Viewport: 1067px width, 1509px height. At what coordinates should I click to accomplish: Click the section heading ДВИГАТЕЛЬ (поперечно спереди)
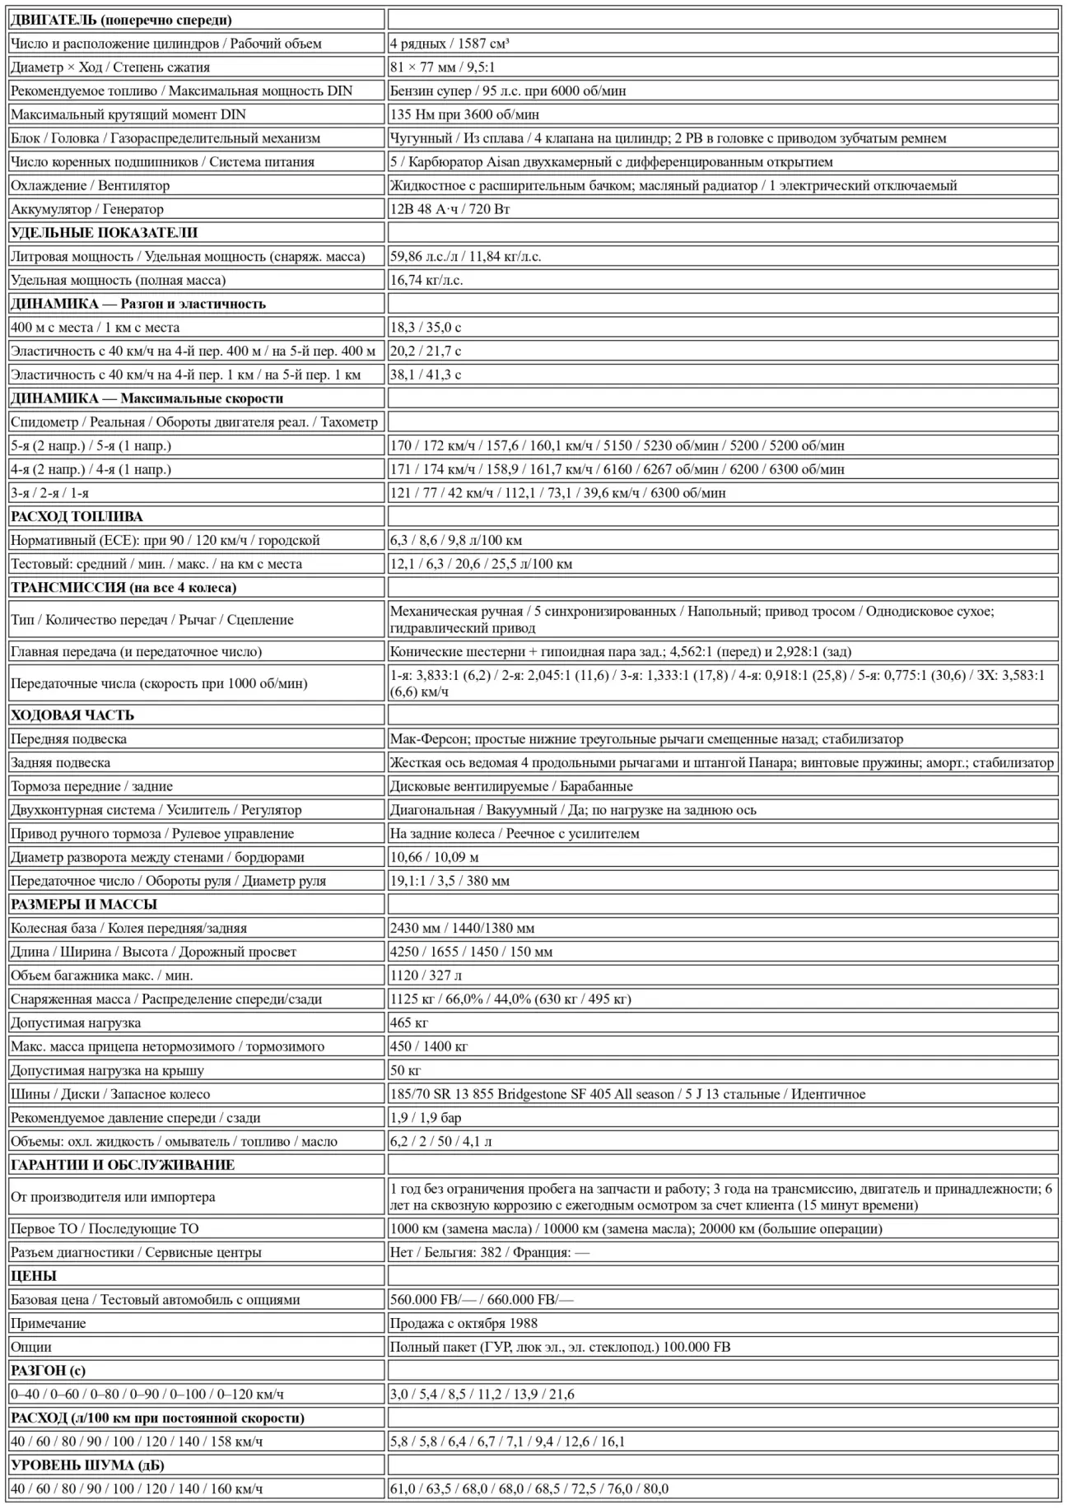[x=121, y=20]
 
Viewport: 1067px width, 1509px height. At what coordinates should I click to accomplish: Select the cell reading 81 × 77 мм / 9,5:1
[x=443, y=68]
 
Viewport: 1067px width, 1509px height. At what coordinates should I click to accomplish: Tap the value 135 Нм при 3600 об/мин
[x=464, y=114]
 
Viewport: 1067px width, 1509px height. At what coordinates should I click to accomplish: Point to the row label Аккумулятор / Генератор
[x=87, y=209]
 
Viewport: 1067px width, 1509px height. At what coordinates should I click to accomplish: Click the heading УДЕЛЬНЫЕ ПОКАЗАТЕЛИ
[x=104, y=233]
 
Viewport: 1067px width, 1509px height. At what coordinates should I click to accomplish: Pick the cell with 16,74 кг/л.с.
[x=426, y=280]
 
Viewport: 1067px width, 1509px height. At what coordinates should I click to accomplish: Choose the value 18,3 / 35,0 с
[x=426, y=328]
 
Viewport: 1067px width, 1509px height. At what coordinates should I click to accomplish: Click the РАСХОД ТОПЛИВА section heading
[x=77, y=517]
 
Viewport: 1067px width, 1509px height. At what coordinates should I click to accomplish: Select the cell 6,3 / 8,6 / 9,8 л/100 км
[x=456, y=540]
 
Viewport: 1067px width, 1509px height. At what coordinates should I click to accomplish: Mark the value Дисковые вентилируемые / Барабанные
[x=511, y=786]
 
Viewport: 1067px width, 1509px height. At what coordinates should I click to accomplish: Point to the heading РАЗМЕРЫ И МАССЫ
[x=84, y=905]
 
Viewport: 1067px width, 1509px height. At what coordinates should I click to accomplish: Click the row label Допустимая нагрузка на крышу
[x=107, y=1070]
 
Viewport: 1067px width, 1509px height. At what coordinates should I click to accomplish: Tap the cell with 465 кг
[x=409, y=1023]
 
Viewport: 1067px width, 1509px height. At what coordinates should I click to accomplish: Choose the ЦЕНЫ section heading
[x=34, y=1276]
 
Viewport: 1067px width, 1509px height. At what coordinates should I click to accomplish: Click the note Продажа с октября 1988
[x=464, y=1323]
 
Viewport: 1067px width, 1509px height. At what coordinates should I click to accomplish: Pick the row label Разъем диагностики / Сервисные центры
[x=136, y=1252]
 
